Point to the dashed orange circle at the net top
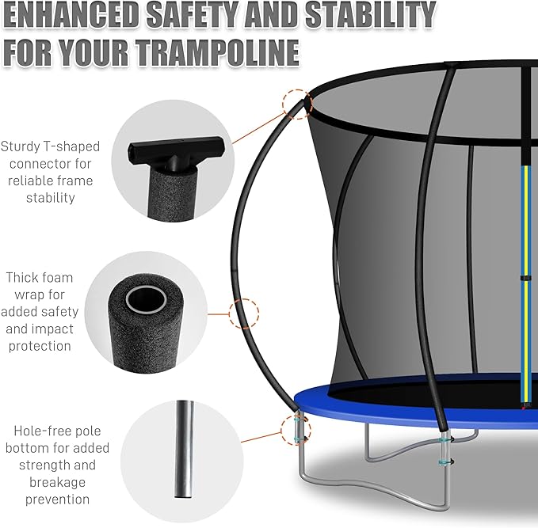[294, 103]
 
